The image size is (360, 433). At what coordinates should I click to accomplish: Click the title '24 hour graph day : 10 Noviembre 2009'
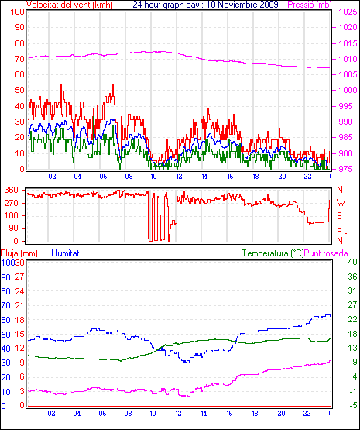205,5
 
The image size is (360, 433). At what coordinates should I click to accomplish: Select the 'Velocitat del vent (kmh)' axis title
70,5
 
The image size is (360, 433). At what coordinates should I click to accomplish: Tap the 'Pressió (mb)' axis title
310,5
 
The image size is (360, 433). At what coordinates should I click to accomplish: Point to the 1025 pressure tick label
348,12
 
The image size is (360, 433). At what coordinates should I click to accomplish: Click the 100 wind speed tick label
17,12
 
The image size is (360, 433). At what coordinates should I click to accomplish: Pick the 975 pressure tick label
345,169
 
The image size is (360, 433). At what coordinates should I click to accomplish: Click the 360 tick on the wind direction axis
12,190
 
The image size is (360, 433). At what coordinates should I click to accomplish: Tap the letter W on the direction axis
341,203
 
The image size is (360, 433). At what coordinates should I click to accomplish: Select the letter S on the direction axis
340,215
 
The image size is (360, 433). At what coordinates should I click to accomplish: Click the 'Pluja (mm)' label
19,253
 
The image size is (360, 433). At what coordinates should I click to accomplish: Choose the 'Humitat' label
66,253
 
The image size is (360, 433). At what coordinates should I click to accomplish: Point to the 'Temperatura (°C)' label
273,253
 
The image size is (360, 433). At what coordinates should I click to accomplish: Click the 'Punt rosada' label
326,253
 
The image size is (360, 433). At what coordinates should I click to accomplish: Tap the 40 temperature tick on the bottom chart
352,262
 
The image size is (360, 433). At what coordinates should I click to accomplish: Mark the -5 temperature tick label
353,405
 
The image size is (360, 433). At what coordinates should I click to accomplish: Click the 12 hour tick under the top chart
179,176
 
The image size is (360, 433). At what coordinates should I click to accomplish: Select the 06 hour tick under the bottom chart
102,414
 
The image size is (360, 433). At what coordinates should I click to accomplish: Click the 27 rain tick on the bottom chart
19,277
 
